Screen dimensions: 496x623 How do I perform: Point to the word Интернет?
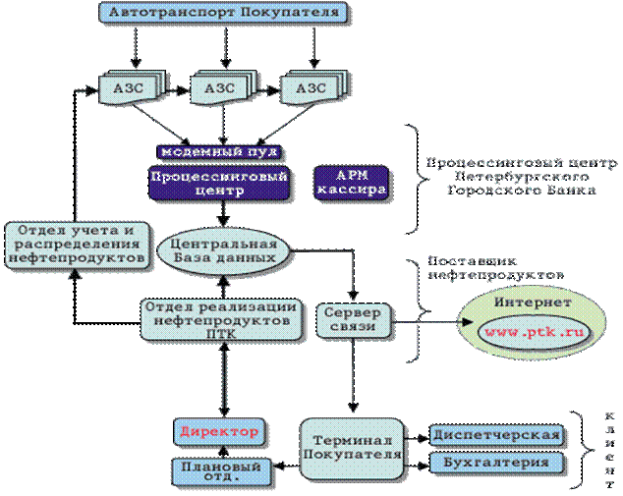click(532, 304)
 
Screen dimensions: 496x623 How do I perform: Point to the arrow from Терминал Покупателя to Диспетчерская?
click(417, 435)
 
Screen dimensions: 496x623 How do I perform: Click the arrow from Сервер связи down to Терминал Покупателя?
click(353, 382)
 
